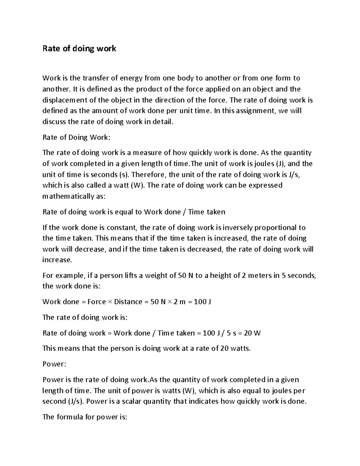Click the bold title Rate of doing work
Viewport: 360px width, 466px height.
[x=79, y=48]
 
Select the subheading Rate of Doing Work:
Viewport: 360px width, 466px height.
[x=76, y=137]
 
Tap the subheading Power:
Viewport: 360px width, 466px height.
[x=54, y=364]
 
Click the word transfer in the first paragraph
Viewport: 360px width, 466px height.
[x=96, y=78]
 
